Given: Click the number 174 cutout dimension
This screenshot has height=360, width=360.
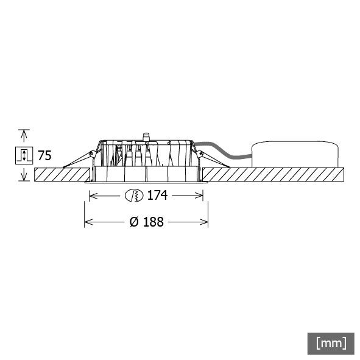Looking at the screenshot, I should [x=156, y=196].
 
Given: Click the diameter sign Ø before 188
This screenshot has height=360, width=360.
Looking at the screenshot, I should [x=134, y=222].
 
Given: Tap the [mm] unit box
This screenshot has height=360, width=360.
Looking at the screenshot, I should [x=331, y=342].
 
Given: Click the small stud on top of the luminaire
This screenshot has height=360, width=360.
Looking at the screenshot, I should [x=146, y=135].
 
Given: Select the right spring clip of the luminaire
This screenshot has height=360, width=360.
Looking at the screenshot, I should [x=213, y=159].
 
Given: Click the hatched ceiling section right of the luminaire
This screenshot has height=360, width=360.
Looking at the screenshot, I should [x=274, y=174].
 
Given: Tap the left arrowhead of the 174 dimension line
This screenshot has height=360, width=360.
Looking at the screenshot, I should [x=93, y=196].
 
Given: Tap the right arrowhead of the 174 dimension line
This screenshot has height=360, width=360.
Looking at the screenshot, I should [x=200, y=196].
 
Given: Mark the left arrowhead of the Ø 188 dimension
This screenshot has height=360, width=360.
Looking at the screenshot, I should [x=87, y=222].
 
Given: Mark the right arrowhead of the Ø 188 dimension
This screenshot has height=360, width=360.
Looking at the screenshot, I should [x=205, y=222].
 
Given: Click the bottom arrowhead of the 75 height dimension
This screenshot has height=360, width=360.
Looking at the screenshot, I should [x=24, y=178].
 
